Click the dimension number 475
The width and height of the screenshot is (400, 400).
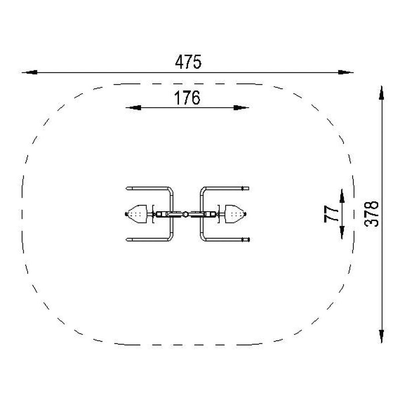188,62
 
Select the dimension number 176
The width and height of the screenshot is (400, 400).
187,98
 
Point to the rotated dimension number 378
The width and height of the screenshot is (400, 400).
371,214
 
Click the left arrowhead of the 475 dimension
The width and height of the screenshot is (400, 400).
29,72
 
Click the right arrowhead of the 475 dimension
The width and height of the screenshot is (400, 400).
346,72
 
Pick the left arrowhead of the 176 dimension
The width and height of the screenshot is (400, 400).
133,108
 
